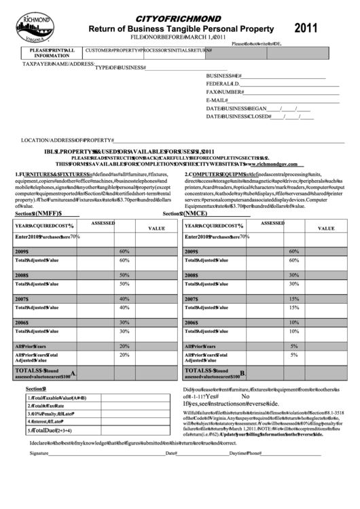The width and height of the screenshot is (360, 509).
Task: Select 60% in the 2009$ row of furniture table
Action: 124,251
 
